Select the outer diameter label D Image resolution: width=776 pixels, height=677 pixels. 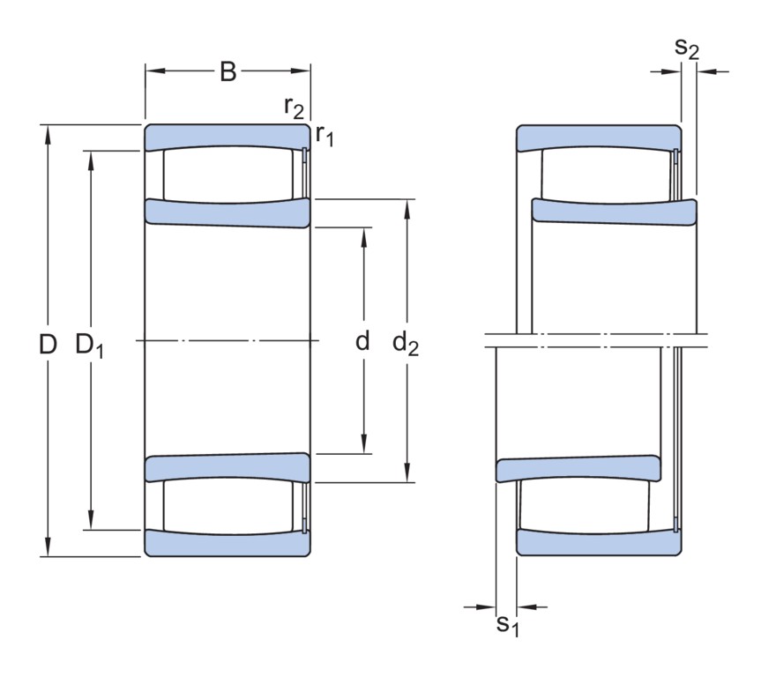(48, 344)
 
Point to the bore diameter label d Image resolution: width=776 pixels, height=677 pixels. (362, 341)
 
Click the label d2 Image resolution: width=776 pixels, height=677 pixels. (406, 344)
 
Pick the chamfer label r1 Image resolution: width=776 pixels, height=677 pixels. (325, 135)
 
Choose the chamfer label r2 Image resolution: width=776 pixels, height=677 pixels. (294, 107)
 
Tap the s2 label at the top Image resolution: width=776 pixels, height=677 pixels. (687, 48)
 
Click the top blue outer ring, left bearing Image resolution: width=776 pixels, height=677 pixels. (228, 136)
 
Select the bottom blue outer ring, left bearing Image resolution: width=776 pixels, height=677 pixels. (228, 544)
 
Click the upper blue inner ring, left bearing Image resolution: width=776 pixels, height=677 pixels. (228, 212)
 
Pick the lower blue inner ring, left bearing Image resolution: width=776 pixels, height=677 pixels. (228, 467)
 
